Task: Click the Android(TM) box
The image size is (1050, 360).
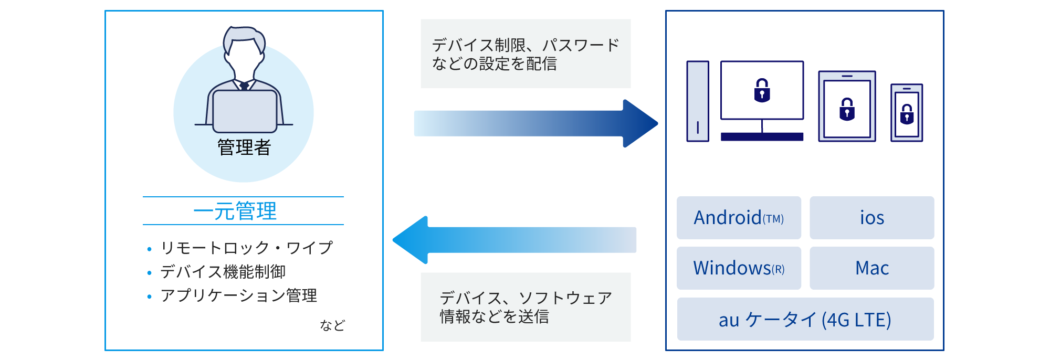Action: pos(739,218)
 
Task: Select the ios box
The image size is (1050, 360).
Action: pos(871,218)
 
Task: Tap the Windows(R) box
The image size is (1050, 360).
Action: pos(739,268)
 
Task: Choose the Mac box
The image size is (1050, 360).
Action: pos(871,268)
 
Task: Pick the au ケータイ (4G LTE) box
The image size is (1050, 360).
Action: pos(805,319)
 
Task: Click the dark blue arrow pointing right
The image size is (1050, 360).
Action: pos(535,123)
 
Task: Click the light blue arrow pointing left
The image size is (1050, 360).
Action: pos(514,240)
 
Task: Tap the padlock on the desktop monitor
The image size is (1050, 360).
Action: pos(762,90)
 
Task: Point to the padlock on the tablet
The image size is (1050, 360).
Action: pos(847,109)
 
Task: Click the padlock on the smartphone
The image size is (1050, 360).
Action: pos(907,114)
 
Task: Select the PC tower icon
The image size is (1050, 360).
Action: pos(698,101)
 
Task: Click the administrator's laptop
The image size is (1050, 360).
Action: pos(245,111)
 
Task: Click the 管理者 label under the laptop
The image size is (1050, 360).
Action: pos(244,147)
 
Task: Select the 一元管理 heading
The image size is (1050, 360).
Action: pos(235,211)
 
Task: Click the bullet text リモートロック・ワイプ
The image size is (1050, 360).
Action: pos(247,248)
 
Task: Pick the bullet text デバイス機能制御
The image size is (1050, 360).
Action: pos(223,272)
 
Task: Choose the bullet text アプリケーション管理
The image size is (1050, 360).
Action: pos(239,295)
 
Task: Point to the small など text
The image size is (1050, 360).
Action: pos(332,325)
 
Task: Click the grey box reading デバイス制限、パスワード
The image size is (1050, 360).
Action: pos(526,54)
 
